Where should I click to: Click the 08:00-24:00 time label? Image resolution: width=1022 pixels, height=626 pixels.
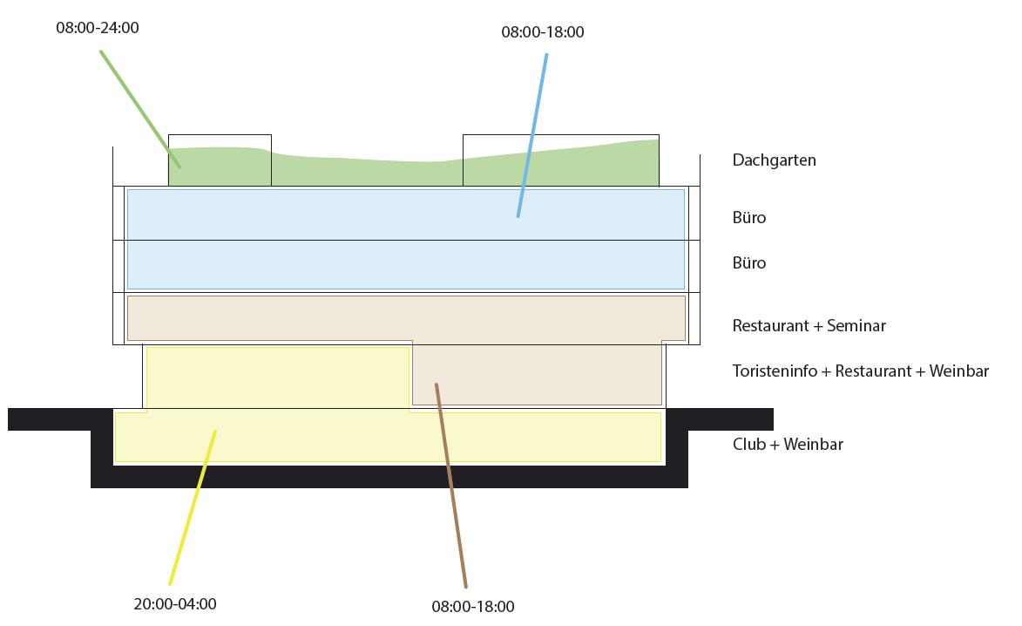click(x=97, y=28)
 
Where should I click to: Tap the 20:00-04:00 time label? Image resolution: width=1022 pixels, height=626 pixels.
click(x=175, y=603)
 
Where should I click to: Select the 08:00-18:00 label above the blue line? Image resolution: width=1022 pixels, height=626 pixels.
click(x=542, y=32)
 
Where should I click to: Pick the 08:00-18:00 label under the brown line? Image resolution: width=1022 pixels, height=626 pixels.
click(x=473, y=606)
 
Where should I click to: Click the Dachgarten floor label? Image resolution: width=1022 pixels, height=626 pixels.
click(x=774, y=160)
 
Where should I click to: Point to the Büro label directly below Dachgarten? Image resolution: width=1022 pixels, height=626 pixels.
click(x=749, y=217)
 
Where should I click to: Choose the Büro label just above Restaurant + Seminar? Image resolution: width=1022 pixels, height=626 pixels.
click(x=749, y=262)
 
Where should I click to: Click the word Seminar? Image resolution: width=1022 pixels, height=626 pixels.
click(x=856, y=326)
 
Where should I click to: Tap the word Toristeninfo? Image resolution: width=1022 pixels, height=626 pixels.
click(x=775, y=371)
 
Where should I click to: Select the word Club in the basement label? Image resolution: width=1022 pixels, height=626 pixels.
click(x=749, y=445)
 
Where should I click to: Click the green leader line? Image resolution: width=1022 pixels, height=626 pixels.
click(x=139, y=107)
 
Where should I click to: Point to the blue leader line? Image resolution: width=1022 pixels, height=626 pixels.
click(x=532, y=135)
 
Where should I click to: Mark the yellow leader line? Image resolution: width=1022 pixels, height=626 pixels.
click(x=193, y=506)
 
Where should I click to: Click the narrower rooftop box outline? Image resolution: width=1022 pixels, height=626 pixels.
click(x=220, y=136)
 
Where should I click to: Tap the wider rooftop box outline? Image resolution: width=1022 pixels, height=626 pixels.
click(x=560, y=136)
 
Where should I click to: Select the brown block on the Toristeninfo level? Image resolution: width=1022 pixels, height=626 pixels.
click(x=536, y=375)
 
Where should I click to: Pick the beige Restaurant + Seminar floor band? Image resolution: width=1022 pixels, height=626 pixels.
click(x=406, y=317)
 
